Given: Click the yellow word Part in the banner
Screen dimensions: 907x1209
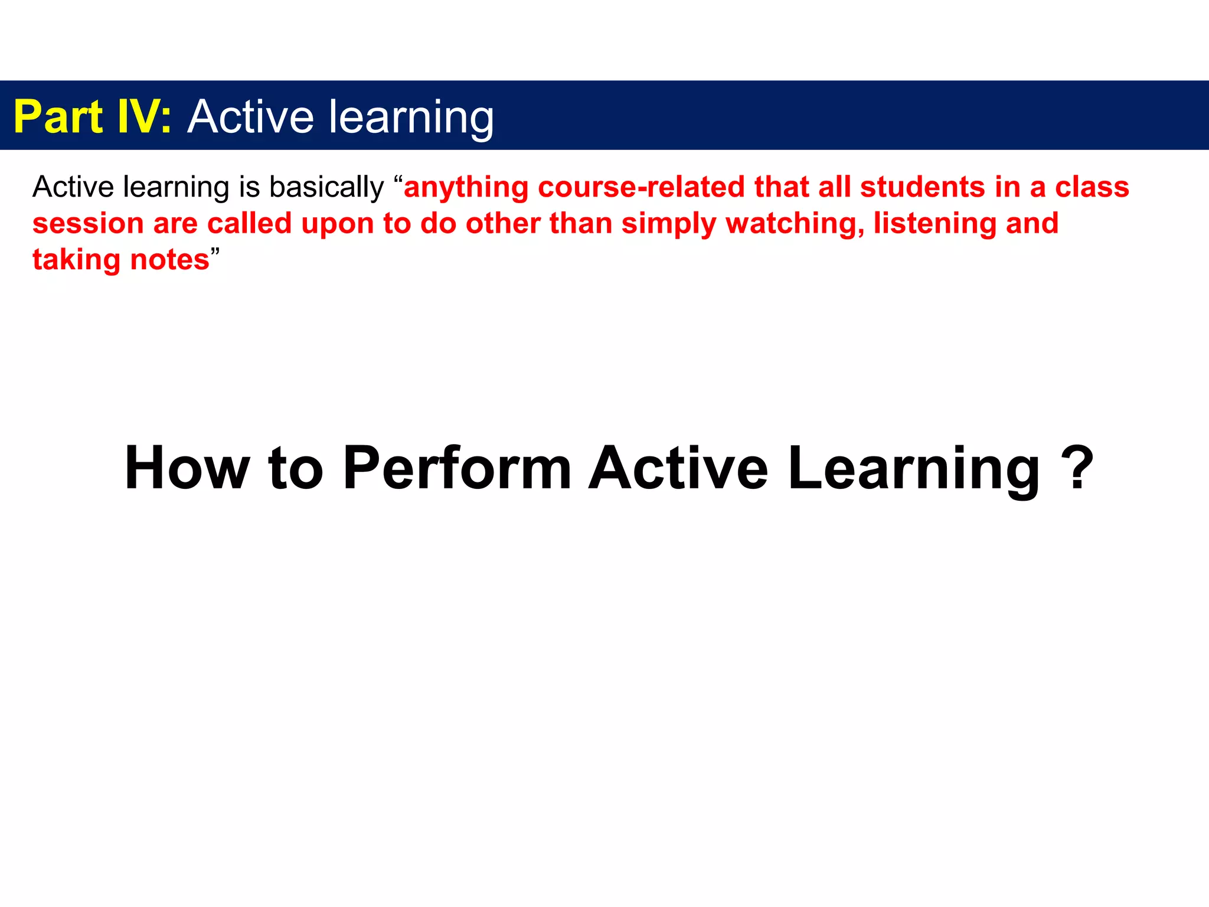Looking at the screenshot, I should (58, 117).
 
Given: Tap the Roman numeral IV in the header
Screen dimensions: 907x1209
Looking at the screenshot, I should (140, 117).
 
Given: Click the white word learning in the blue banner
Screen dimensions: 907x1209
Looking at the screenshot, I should (411, 118).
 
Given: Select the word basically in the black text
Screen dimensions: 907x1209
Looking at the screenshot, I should (326, 188).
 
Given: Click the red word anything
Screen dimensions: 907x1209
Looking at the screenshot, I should (466, 188).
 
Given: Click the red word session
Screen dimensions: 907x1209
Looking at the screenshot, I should (88, 224).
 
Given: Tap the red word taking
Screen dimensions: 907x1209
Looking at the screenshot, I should (76, 260).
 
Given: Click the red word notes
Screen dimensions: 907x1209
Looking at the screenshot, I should (169, 260).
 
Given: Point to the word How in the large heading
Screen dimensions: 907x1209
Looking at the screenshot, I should (187, 468).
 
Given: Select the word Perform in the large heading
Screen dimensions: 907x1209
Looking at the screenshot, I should (456, 468).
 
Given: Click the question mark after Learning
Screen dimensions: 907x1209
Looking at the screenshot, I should (1077, 468).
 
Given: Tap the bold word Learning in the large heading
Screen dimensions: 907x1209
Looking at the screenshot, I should (913, 468).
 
